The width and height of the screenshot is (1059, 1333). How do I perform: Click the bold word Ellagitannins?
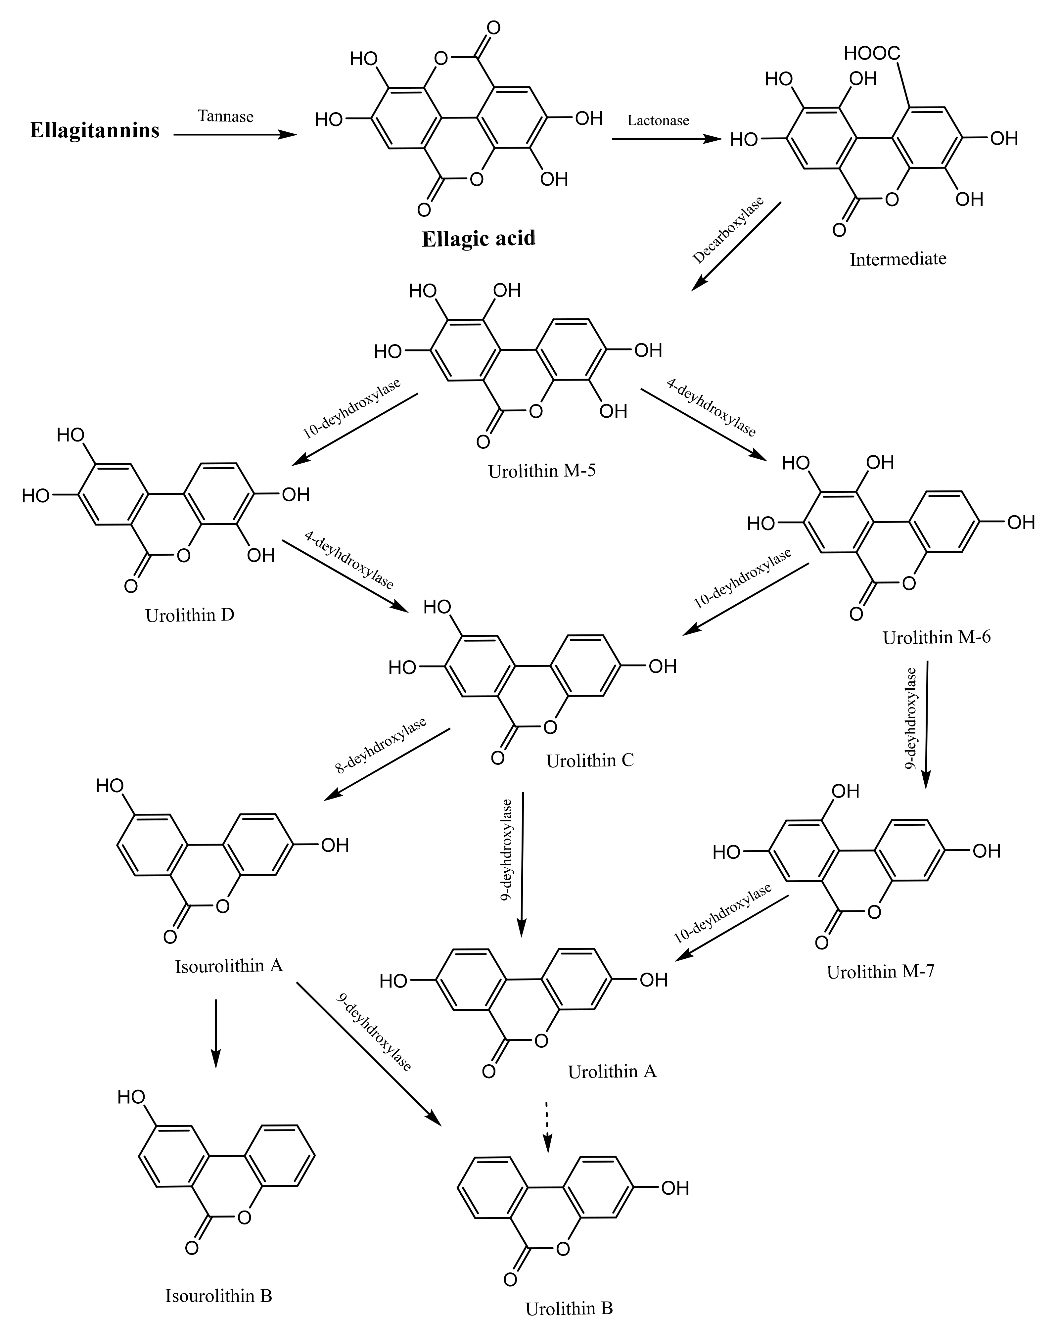point(95,130)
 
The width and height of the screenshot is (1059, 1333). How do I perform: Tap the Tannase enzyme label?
point(226,116)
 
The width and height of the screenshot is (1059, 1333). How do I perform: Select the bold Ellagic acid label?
point(479,239)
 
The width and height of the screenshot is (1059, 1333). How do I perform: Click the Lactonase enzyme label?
point(658,120)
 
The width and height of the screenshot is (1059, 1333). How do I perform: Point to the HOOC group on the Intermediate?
point(872,54)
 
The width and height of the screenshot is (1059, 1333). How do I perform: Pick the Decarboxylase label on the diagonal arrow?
point(728,230)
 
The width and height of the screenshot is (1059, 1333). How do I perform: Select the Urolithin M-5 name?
point(541,471)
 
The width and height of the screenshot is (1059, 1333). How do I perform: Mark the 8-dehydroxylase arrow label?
point(380,745)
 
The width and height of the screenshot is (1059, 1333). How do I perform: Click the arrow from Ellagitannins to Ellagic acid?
point(235,134)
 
